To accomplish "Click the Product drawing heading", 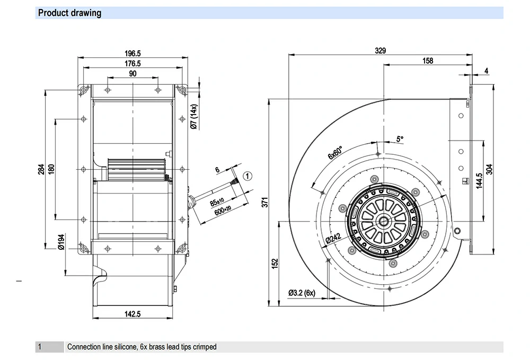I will pyautogui.click(x=69, y=13).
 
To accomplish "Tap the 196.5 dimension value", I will pyautogui.click(x=132, y=54).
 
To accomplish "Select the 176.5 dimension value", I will pyautogui.click(x=132, y=64).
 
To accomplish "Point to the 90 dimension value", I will pyautogui.click(x=132, y=74).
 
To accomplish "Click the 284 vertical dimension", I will pyautogui.click(x=41, y=170).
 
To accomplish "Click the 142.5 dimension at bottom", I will pyautogui.click(x=132, y=314).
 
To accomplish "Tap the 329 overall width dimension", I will pyautogui.click(x=380, y=51).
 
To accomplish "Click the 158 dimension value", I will pyautogui.click(x=427, y=61).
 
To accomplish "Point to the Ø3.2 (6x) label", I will pyautogui.click(x=302, y=293).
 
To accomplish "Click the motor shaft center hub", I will pyautogui.click(x=383, y=218).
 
